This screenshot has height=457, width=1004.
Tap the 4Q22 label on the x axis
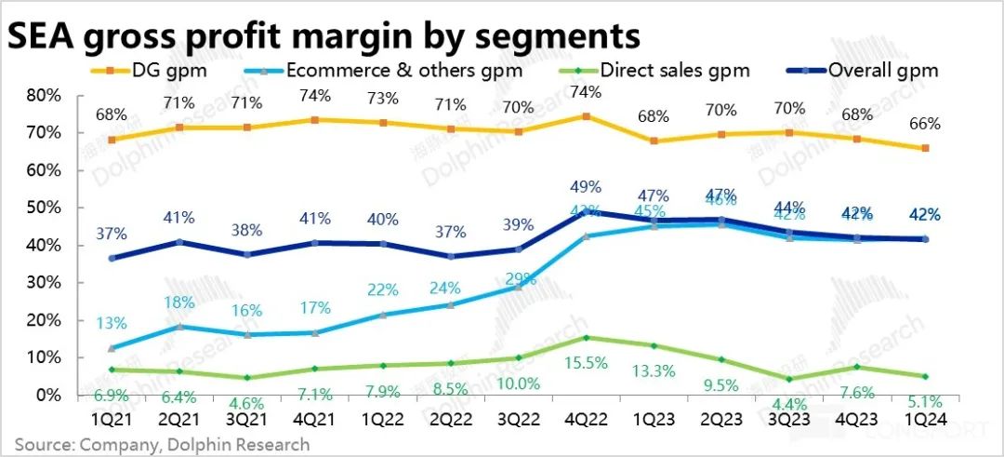[585, 420]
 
